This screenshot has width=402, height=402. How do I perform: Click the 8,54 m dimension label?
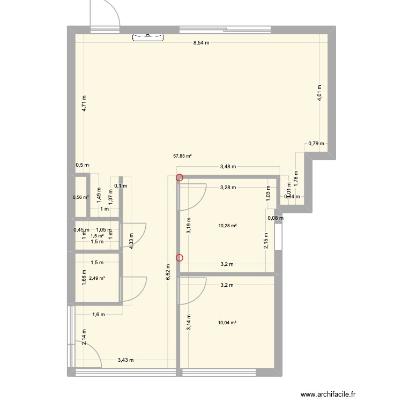pos(201,43)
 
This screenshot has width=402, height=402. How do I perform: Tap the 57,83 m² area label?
pos(182,157)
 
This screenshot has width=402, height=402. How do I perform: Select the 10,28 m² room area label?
pos(227,226)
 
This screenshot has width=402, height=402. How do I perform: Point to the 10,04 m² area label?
pos(227,323)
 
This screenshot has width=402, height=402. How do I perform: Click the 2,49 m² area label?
pos(97,278)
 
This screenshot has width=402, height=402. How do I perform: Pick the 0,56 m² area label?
pos(81,197)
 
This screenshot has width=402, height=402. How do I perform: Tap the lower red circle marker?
pos(180,258)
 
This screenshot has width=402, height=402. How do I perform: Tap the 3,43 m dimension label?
pos(125,360)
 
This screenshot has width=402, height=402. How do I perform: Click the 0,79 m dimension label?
pos(314,143)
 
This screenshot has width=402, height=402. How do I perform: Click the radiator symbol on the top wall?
pos(149,36)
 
